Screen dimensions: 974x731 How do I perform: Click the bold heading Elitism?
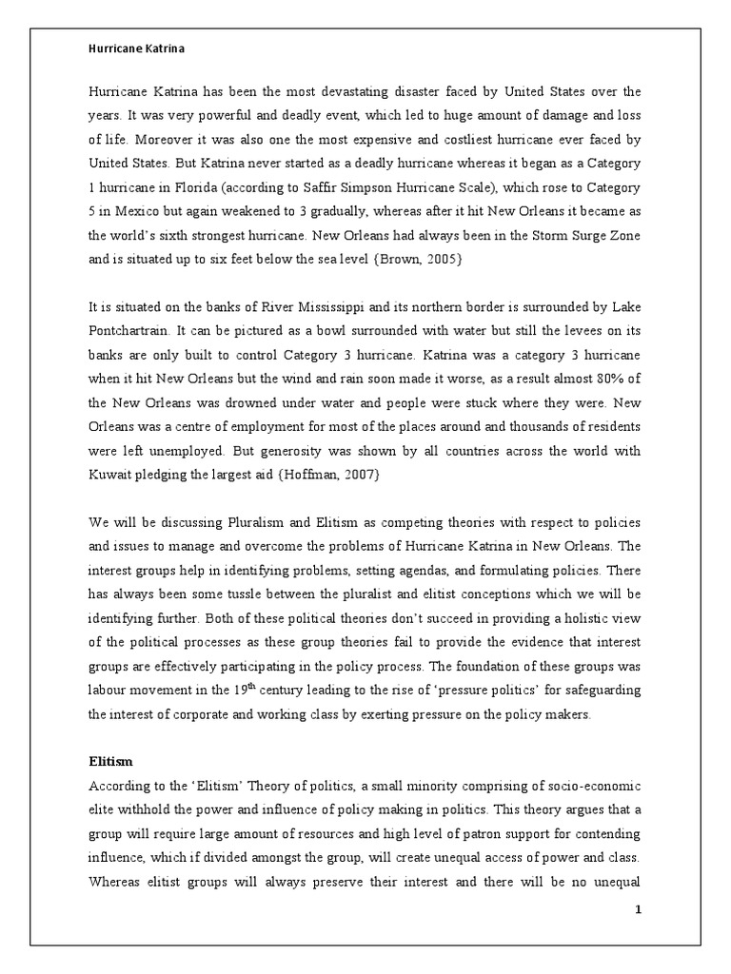[109, 761]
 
